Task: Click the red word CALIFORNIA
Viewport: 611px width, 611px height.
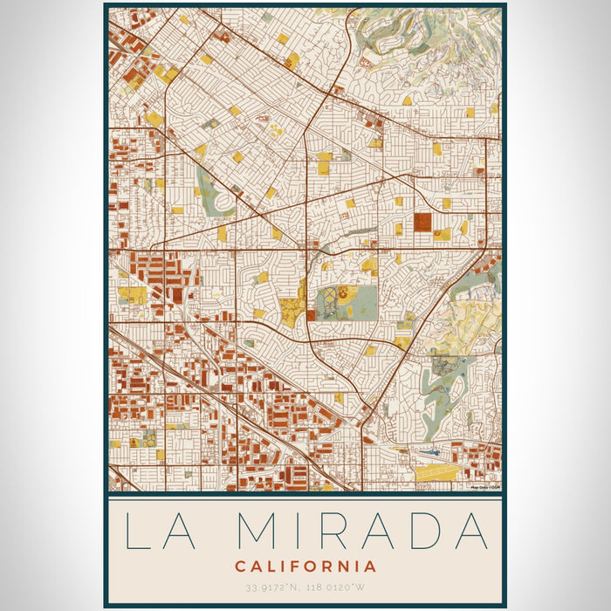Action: (305, 566)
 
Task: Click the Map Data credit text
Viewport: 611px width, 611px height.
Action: (484, 487)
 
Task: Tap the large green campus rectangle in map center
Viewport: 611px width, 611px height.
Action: (347, 302)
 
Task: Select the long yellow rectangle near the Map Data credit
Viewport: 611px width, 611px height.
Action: (436, 473)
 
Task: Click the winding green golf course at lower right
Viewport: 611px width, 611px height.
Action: (441, 384)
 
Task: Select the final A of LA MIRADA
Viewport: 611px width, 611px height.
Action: (470, 531)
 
